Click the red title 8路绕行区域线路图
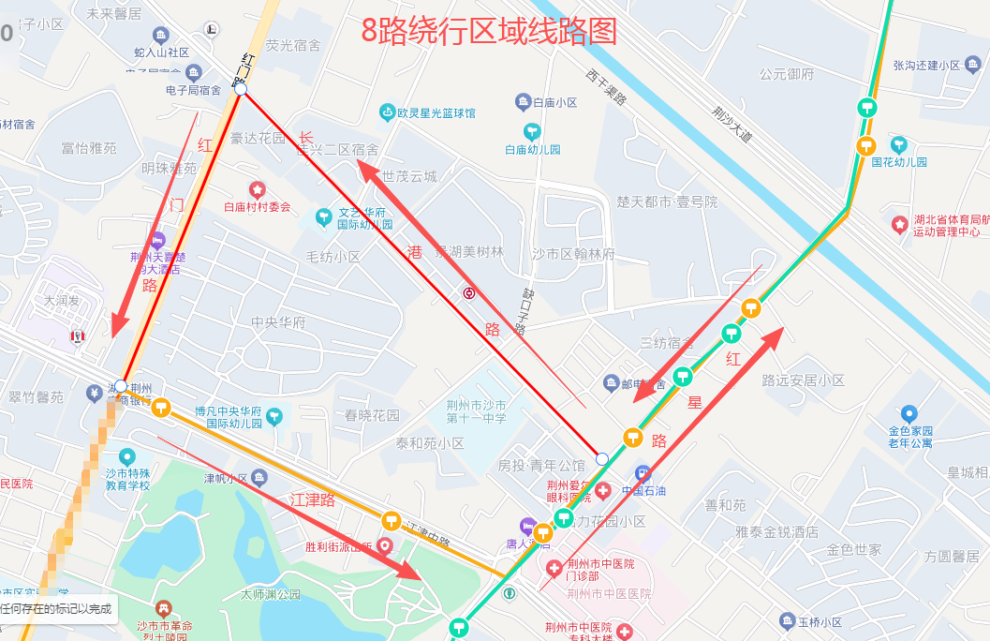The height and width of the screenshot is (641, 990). (x=490, y=31)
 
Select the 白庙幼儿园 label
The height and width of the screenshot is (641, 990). (x=532, y=149)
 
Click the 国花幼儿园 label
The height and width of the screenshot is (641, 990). (x=899, y=161)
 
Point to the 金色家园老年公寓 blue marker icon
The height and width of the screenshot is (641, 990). (x=909, y=413)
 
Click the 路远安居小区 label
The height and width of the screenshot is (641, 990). (x=803, y=380)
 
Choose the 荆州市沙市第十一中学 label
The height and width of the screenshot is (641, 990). (x=476, y=412)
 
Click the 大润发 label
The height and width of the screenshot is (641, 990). (x=63, y=302)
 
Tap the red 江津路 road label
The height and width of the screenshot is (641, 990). (x=313, y=499)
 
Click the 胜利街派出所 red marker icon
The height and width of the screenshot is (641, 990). (x=384, y=545)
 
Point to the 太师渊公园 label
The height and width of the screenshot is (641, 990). (x=271, y=594)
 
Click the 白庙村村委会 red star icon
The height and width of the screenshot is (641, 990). (x=257, y=190)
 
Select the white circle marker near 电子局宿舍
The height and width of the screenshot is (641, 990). (x=241, y=89)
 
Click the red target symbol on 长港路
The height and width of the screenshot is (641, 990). (x=468, y=292)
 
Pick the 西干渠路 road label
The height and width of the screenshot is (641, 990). (x=606, y=86)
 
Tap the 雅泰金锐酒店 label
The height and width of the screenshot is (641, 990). (x=776, y=531)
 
